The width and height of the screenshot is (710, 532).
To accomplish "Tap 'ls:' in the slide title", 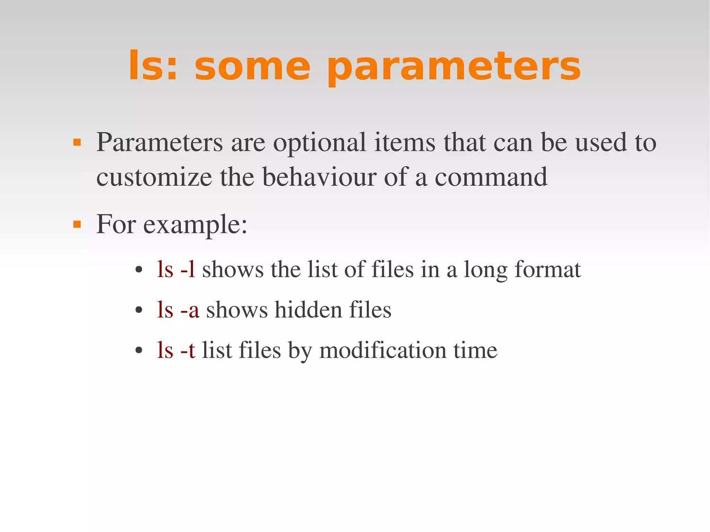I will [x=153, y=66].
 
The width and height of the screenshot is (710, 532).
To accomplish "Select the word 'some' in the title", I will [x=252, y=67].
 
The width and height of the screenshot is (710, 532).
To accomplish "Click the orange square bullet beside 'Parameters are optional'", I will [x=77, y=142].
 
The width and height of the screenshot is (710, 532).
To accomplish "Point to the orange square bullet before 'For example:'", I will [x=77, y=225].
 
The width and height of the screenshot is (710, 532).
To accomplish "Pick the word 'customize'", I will [x=154, y=177].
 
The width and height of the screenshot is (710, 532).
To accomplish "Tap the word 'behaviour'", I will [x=319, y=177].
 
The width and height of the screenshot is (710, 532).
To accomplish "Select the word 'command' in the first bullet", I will [x=491, y=177].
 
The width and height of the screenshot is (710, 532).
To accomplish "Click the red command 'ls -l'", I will [x=176, y=269].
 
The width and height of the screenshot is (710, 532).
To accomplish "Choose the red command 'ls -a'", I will [x=178, y=309].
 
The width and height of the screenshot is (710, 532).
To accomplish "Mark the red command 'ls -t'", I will [x=176, y=350].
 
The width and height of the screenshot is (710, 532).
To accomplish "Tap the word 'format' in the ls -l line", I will [x=547, y=269].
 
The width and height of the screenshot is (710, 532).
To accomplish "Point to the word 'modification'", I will [x=383, y=350].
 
